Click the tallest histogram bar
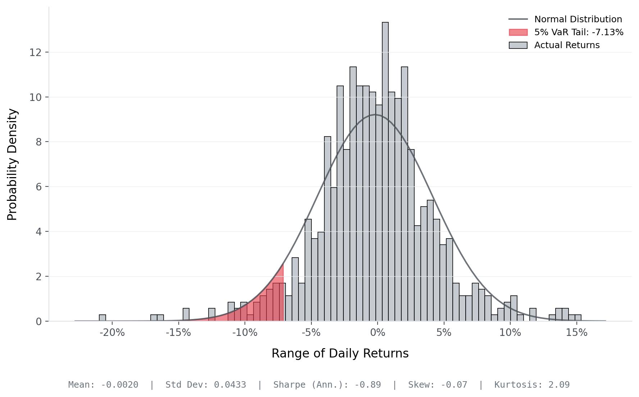[x=385, y=172]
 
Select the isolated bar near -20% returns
[x=102, y=318]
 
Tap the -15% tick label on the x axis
[x=178, y=333]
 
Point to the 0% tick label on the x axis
[x=377, y=333]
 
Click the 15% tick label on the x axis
[x=576, y=333]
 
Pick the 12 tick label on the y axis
[x=35, y=52]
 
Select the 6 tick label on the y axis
[x=39, y=187]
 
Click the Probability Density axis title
[x=12, y=164]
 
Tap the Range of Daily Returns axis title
[x=340, y=354]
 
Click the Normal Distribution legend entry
[x=578, y=19]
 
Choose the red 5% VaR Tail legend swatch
[x=518, y=32]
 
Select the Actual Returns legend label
[x=567, y=45]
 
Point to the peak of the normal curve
[x=375, y=115]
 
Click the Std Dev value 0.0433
[x=230, y=385]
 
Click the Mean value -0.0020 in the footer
[x=119, y=385]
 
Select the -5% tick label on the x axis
[x=311, y=333]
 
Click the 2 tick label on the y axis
[x=39, y=277]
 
